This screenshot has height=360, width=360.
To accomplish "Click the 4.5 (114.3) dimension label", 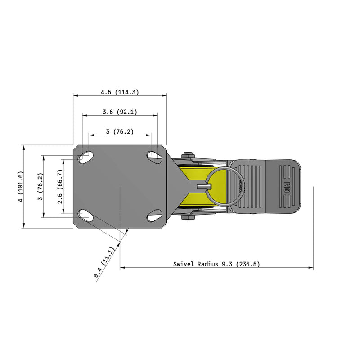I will (x=120, y=92).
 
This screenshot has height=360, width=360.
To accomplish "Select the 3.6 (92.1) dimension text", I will (x=120, y=111).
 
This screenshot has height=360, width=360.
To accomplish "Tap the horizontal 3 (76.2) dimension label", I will (x=120, y=131).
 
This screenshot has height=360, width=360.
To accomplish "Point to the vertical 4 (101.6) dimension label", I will (x=19, y=187).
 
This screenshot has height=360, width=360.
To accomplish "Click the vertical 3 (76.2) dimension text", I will (x=40, y=187).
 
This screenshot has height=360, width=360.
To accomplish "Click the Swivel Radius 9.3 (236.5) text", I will (x=216, y=264).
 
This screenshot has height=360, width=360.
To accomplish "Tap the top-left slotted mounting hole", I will (x=85, y=157).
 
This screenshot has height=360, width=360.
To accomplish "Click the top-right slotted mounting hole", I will (x=154, y=156).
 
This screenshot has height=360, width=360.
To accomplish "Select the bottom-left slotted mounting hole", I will (x=85, y=215).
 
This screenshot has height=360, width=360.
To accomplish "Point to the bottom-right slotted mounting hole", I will (x=154, y=216).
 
